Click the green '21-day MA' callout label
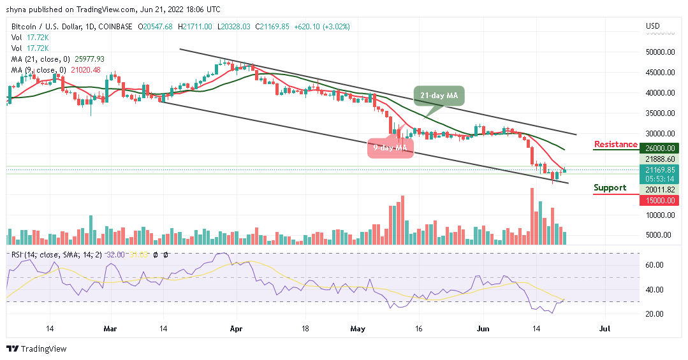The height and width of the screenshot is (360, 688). pyautogui.click(x=439, y=96)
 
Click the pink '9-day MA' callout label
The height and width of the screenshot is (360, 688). pyautogui.click(x=390, y=148)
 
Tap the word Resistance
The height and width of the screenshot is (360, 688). pyautogui.click(x=615, y=145)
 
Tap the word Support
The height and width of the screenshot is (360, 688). pyautogui.click(x=610, y=188)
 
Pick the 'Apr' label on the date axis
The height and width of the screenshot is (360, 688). pyautogui.click(x=236, y=330)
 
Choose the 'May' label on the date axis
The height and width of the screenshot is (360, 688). pyautogui.click(x=357, y=330)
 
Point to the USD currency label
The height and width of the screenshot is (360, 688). pyautogui.click(x=652, y=27)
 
